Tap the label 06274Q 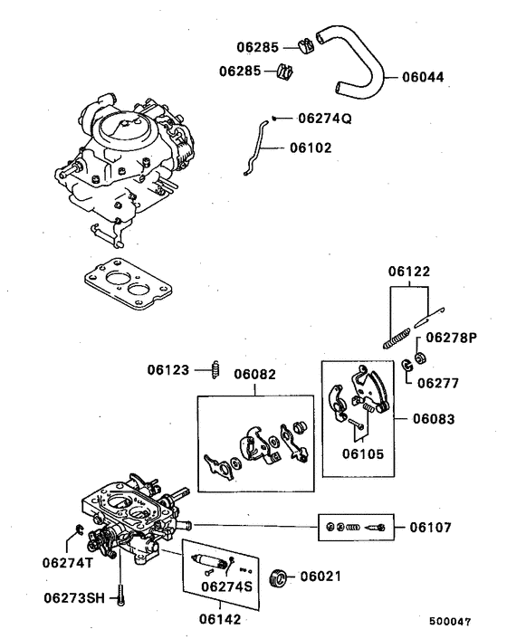tap(323, 119)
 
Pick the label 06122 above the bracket tap(411, 272)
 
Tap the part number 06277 tap(438, 383)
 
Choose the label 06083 tap(435, 419)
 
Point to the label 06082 tap(255, 373)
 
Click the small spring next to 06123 tap(215, 369)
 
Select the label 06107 tap(431, 526)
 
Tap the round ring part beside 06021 tap(281, 576)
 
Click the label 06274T tap(67, 562)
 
